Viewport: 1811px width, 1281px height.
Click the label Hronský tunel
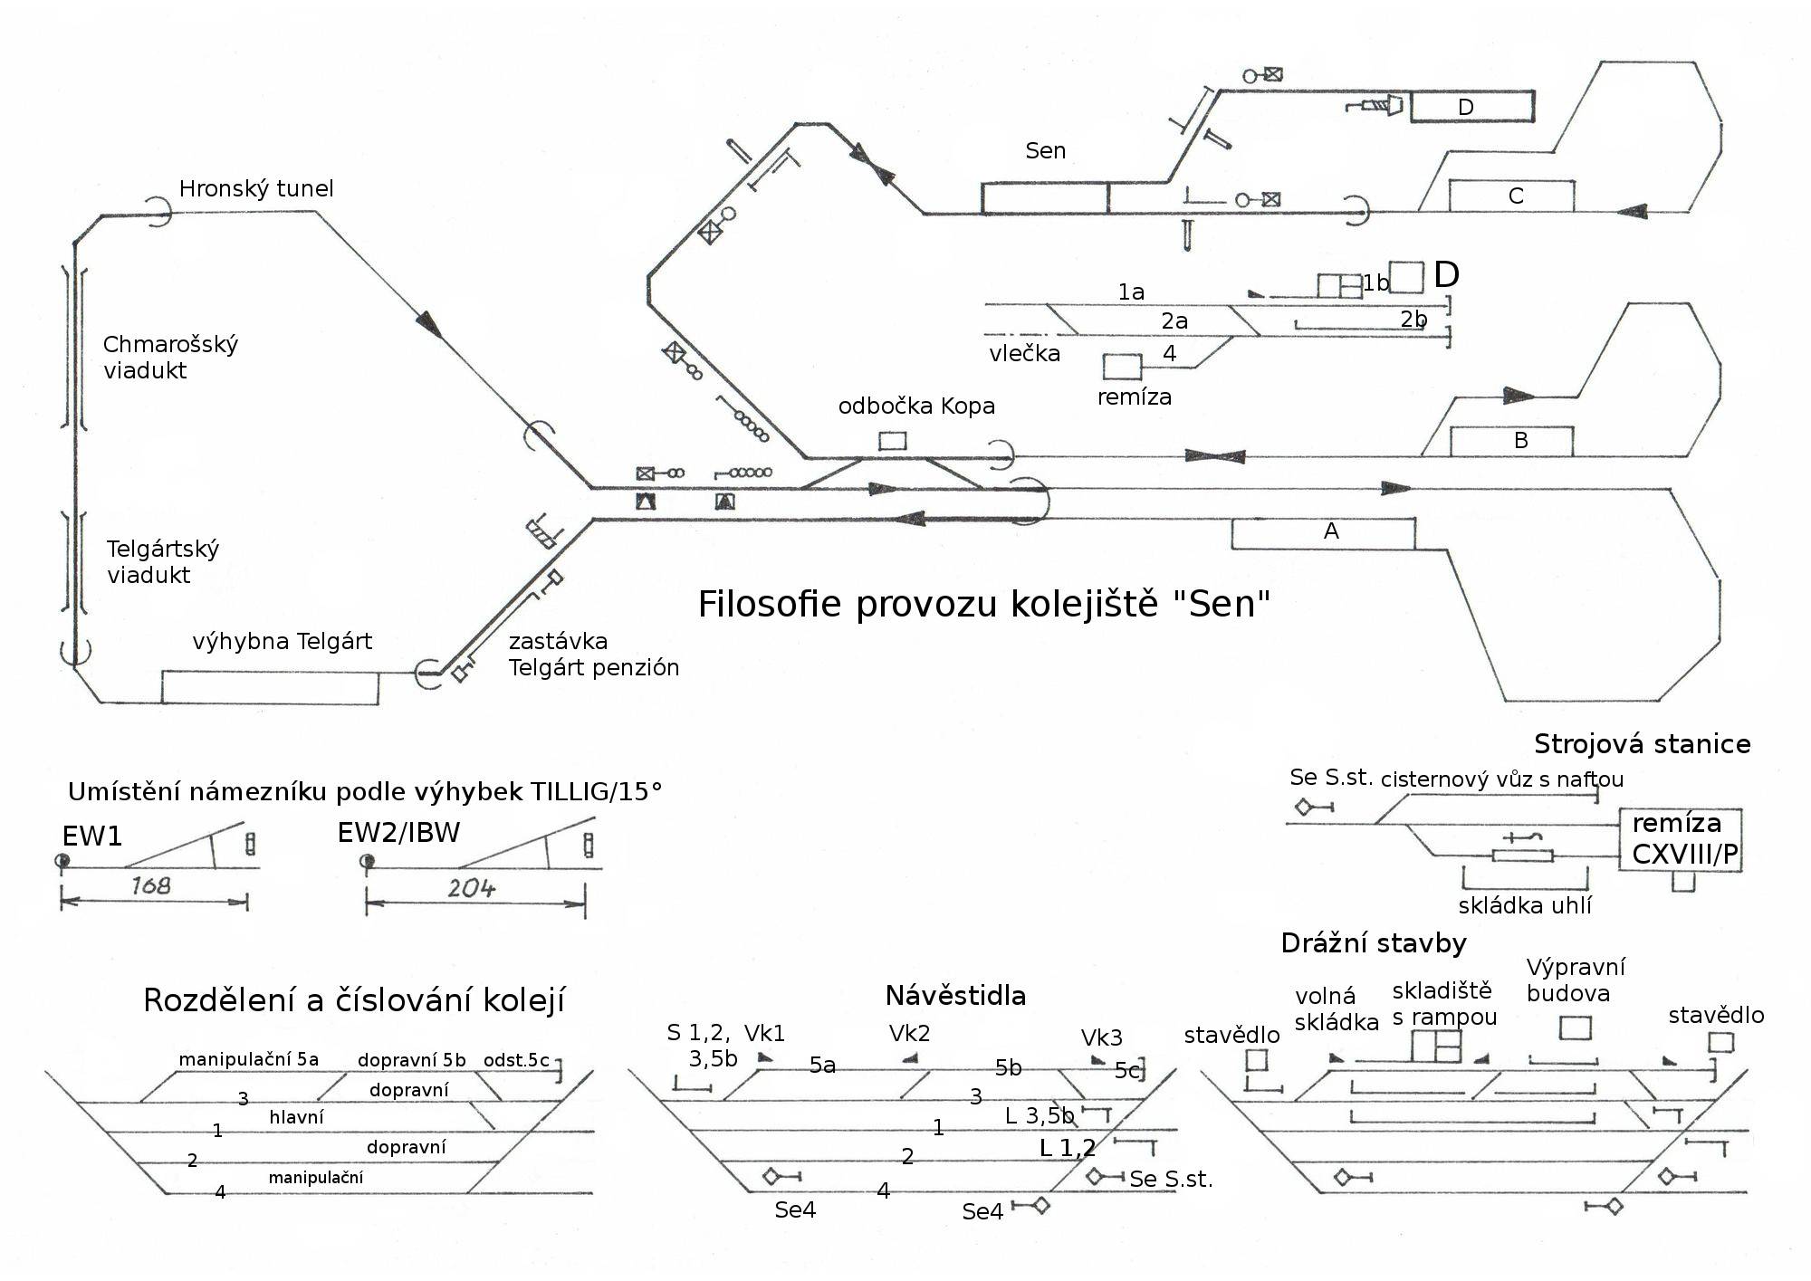[x=256, y=188]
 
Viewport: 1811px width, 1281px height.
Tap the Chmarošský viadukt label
[x=170, y=357]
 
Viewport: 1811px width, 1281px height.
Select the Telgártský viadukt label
[x=162, y=561]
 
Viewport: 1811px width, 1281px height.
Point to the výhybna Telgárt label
[x=282, y=641]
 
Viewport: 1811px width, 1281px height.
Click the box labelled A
[x=1323, y=533]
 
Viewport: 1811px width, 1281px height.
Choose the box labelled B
[x=1511, y=441]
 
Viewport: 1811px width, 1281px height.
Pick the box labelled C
[x=1511, y=196]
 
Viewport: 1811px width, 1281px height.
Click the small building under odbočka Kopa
[x=893, y=441]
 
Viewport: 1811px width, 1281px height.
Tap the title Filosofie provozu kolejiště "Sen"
[x=983, y=604]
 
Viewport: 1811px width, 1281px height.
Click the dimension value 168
[x=150, y=885]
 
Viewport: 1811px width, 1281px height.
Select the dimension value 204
[x=472, y=888]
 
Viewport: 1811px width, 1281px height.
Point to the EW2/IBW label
[x=398, y=832]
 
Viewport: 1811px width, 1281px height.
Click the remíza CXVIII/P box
[x=1681, y=839]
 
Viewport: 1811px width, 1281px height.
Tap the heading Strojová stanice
[x=1642, y=744]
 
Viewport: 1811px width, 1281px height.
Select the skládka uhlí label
[x=1524, y=905]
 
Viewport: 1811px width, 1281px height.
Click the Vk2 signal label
[x=909, y=1033]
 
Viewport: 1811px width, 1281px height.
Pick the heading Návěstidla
[x=955, y=996]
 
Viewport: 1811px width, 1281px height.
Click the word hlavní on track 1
[x=296, y=1117]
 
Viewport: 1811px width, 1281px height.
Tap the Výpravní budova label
[x=1575, y=980]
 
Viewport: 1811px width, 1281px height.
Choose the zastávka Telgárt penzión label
[x=593, y=655]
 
